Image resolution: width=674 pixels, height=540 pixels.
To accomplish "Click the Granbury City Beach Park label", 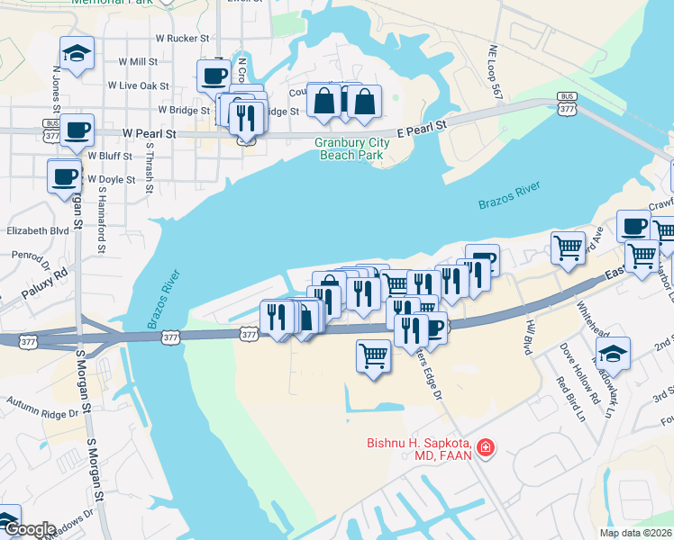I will [350, 148].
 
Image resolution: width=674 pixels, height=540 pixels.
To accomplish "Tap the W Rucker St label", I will [182, 39].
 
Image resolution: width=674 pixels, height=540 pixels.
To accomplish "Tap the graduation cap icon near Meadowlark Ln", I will [613, 354].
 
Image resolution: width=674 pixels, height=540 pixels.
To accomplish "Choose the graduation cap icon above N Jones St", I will [77, 54].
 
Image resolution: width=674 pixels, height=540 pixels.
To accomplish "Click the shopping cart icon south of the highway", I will [373, 355].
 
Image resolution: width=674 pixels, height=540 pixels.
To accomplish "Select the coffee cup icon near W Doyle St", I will [65, 176].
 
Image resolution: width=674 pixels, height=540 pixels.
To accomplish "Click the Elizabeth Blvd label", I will [38, 230].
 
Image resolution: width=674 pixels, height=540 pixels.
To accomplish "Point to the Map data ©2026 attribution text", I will [635, 533].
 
